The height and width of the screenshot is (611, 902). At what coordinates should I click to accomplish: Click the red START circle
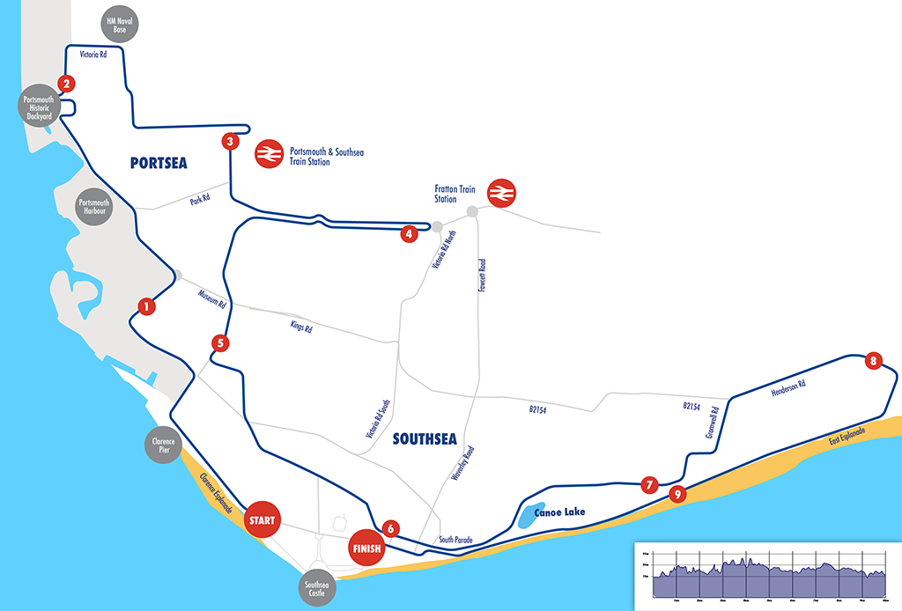pos(262,520)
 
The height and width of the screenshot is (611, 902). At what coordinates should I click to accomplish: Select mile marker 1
pos(146,306)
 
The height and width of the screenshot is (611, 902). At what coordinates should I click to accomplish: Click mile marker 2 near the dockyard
pos(64,84)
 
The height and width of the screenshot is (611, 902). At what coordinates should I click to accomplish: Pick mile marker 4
pos(408,233)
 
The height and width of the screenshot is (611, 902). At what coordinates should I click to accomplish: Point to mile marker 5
pos(220,342)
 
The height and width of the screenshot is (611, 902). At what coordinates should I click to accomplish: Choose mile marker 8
pos(873,360)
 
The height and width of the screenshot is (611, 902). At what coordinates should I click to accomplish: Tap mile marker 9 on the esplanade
pos(676,494)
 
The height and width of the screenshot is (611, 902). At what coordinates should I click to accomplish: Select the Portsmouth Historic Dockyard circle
pos(37,107)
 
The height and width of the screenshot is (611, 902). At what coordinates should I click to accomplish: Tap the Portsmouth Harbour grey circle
pos(93,207)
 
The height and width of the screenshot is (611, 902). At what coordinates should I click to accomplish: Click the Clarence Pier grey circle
pos(164,445)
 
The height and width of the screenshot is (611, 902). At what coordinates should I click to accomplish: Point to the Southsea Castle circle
pos(316,590)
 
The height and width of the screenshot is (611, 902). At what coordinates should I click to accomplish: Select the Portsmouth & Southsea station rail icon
pos(268,155)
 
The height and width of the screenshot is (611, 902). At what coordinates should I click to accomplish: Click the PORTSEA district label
pos(159,163)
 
